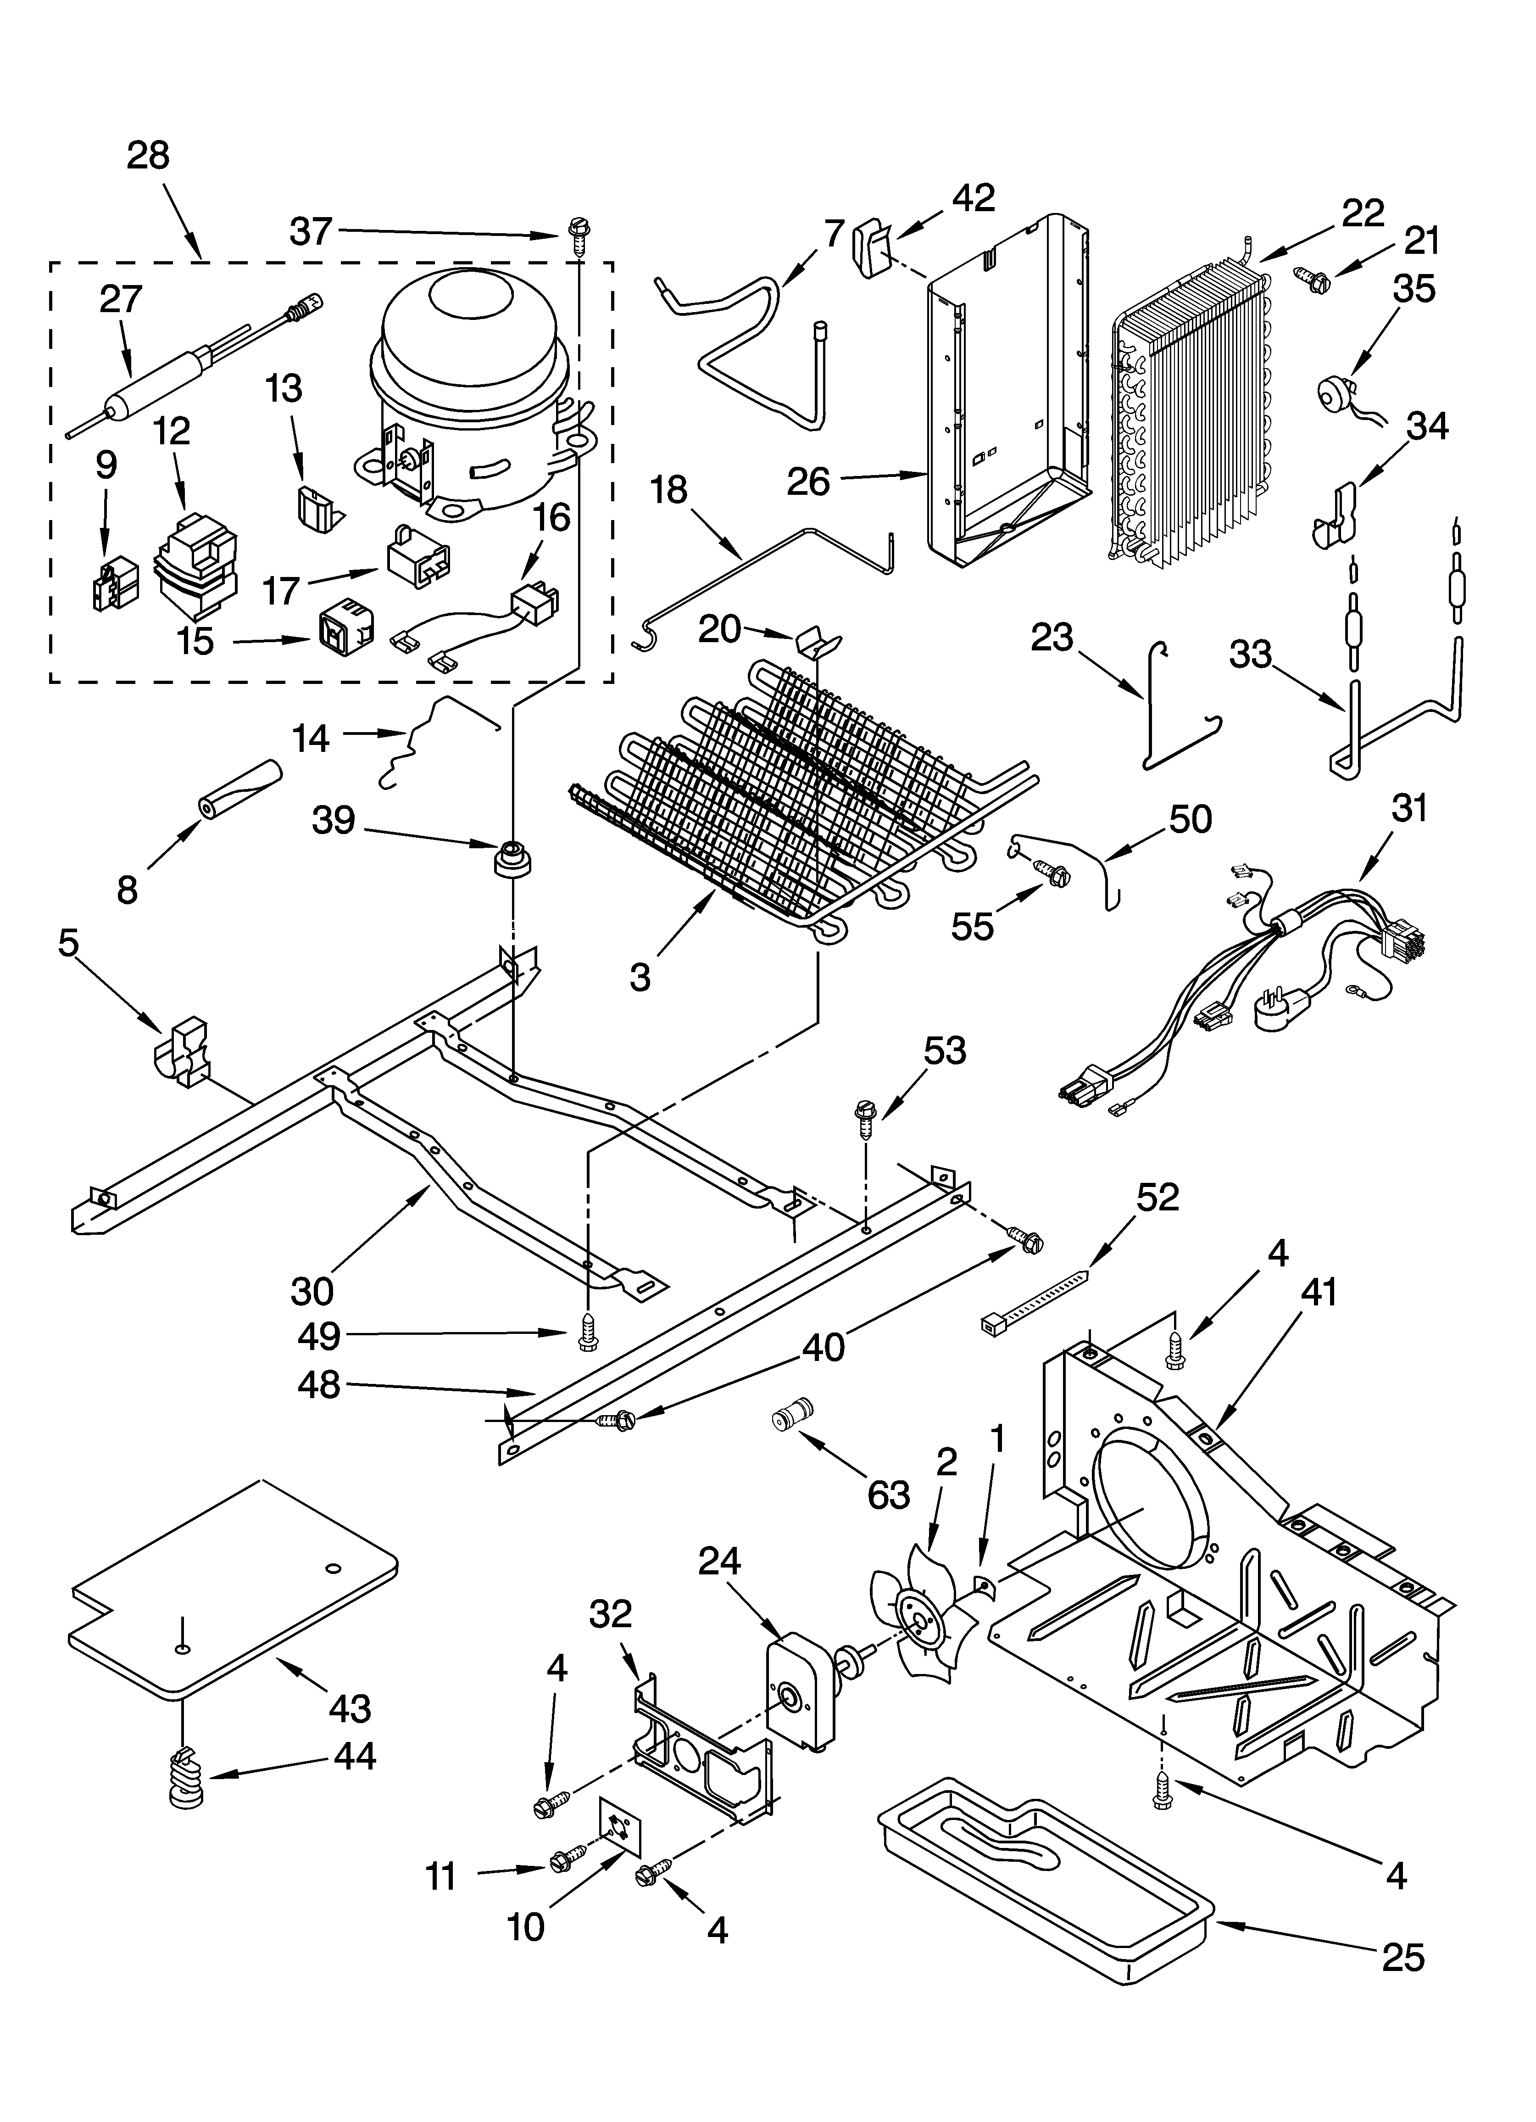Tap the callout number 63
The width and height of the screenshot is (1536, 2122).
click(x=888, y=1494)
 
